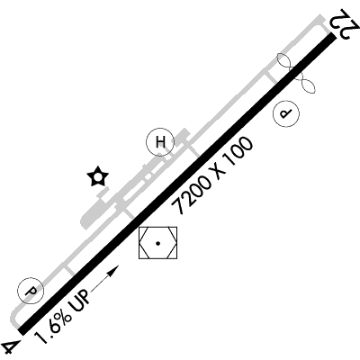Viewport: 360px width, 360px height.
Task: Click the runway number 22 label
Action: (x=345, y=24)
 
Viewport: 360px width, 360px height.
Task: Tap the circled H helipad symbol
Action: (x=160, y=142)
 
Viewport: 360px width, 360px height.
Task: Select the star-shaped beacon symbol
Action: (x=97, y=176)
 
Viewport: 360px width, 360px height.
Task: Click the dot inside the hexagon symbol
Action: (x=157, y=243)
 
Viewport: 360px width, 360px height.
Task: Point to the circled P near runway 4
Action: (x=31, y=291)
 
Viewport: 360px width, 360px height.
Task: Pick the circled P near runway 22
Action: (x=286, y=113)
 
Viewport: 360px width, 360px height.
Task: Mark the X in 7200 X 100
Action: (x=216, y=173)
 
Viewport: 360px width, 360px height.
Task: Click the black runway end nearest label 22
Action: (x=331, y=36)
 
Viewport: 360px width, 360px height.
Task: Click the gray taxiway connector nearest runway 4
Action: (x=69, y=269)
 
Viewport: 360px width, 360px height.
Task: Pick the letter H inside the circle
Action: (x=160, y=142)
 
